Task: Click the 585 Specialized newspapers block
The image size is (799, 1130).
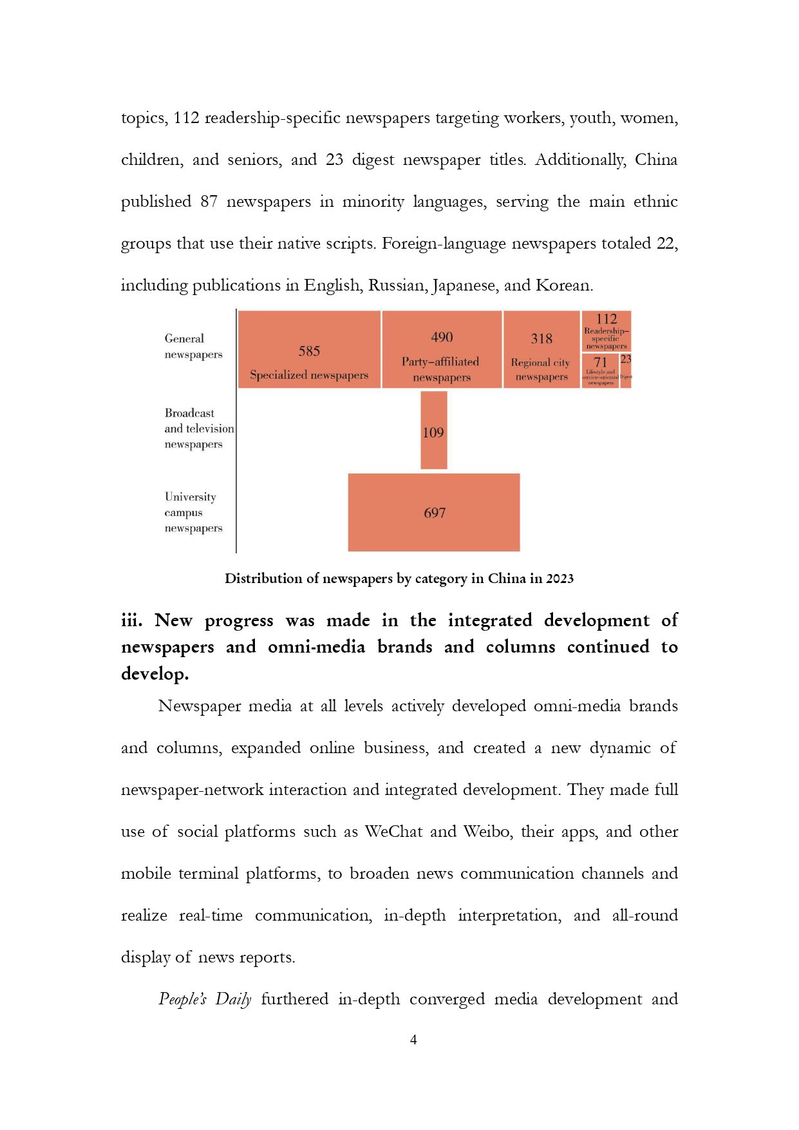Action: click(x=309, y=349)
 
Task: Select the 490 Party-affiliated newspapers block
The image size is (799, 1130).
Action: click(x=442, y=349)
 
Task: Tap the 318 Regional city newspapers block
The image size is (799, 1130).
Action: click(x=541, y=349)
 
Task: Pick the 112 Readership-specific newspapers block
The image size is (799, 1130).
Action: click(x=606, y=330)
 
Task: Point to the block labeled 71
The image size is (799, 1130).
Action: click(x=600, y=370)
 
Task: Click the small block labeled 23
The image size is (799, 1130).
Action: click(x=626, y=370)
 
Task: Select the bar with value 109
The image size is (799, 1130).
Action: click(x=433, y=430)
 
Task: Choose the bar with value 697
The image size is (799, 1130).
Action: click(x=434, y=512)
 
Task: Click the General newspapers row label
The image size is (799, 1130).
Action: click(x=193, y=347)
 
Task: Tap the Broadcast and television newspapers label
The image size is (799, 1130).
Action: click(x=198, y=428)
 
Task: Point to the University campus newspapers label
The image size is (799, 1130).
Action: click(x=193, y=512)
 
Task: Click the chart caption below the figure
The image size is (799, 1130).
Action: click(x=399, y=579)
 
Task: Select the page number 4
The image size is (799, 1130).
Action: click(x=413, y=1040)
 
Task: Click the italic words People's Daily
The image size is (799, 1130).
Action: click(x=205, y=999)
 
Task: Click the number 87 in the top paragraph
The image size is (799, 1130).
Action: click(x=209, y=202)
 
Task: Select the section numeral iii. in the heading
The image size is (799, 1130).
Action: click(x=131, y=620)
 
